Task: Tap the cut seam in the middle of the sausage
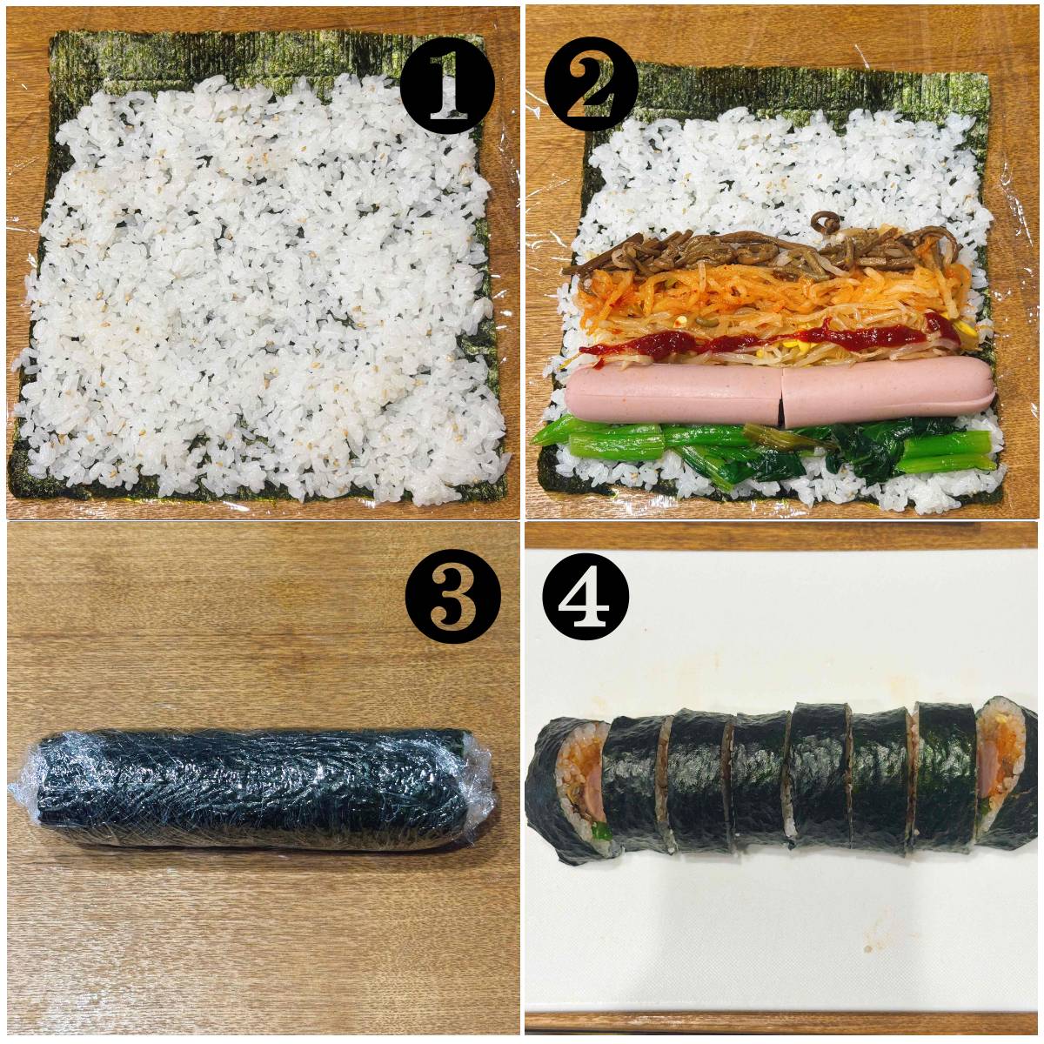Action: [781, 398]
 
